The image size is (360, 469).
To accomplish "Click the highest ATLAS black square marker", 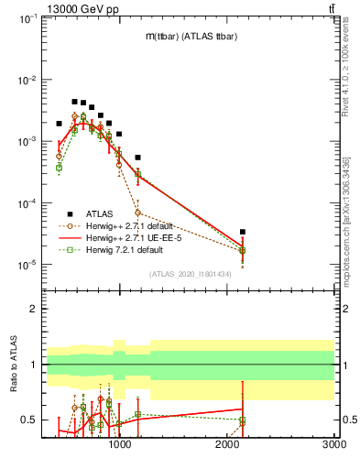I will (x=74, y=102).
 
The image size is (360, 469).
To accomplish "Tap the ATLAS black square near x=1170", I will (x=137, y=158).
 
